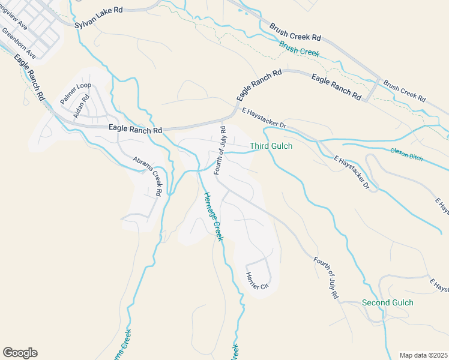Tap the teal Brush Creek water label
pos(299,48)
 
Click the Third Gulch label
pos(271,146)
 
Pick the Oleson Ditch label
pos(407,154)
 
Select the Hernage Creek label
pos(213,216)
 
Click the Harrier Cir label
pos(256,283)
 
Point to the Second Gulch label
pos(387,302)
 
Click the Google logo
pos(20,353)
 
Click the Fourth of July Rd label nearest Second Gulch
pos(326,278)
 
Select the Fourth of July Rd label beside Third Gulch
pos(219,150)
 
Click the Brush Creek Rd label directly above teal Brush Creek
pos(295,32)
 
